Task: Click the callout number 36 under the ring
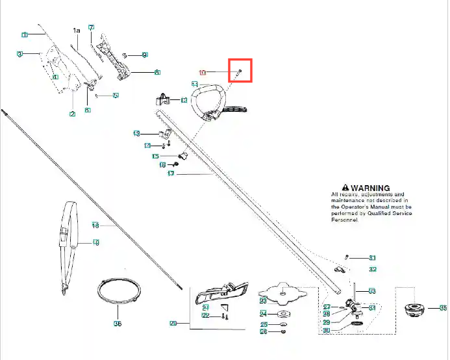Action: [x=118, y=323]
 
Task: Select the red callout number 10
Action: [x=202, y=72]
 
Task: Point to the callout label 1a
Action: [x=76, y=31]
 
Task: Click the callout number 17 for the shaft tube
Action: [x=171, y=174]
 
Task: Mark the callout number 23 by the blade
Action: [x=263, y=301]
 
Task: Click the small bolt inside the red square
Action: [x=239, y=71]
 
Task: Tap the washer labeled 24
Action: [x=283, y=314]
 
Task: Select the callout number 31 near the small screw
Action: [x=372, y=258]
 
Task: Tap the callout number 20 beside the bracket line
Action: [x=173, y=323]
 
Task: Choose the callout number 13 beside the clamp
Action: [x=136, y=133]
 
